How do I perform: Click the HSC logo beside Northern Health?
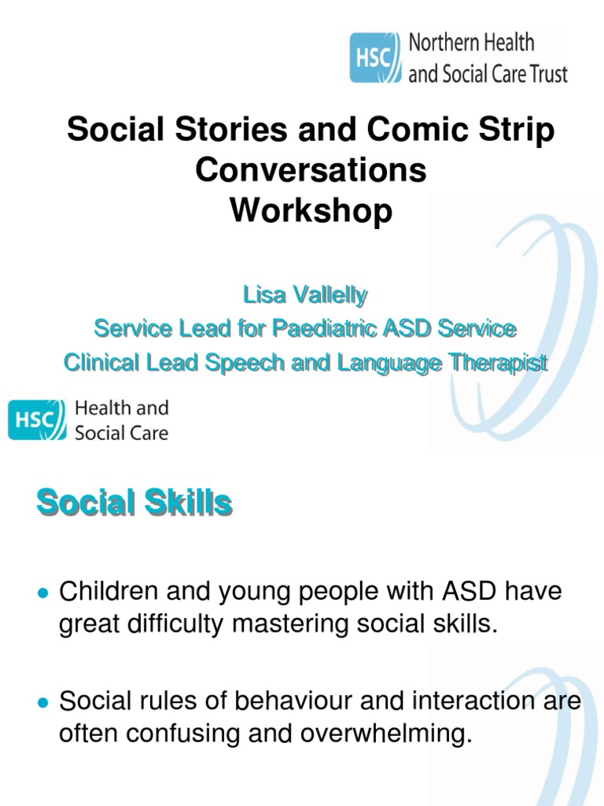click(375, 58)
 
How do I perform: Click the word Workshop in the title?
click(311, 212)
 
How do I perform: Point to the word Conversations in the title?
click(311, 171)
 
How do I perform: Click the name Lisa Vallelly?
click(305, 297)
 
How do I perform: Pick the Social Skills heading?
click(134, 503)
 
